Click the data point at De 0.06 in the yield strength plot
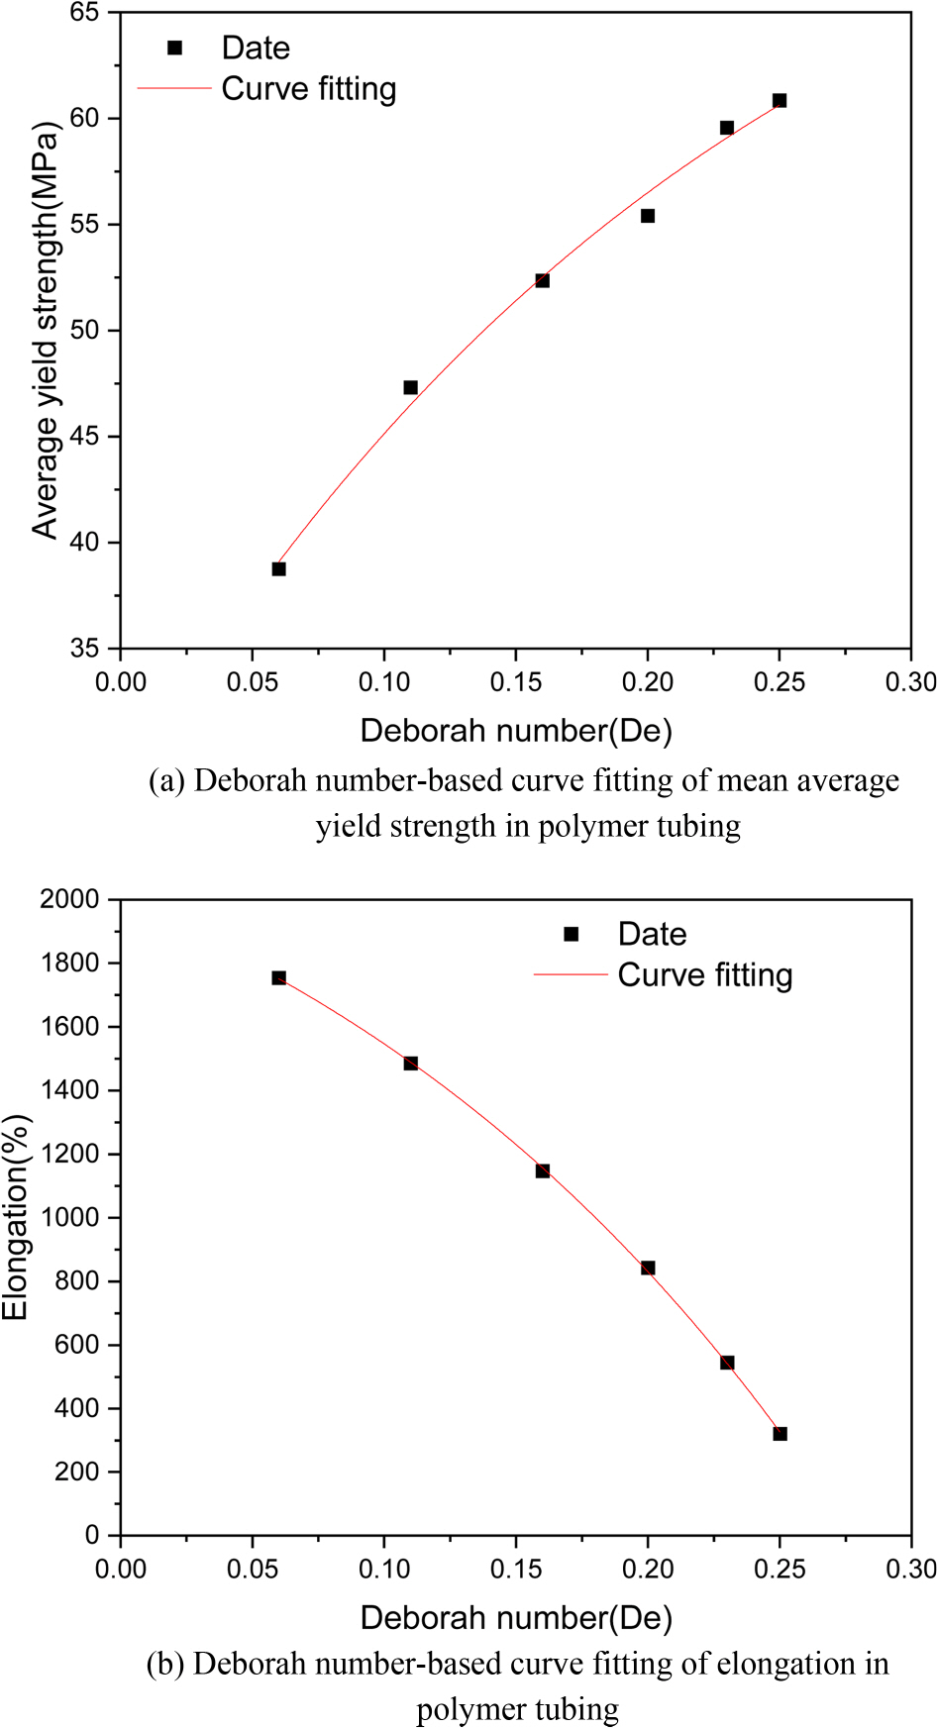tap(278, 569)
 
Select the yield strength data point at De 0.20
tap(648, 216)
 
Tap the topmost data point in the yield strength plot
tap(780, 100)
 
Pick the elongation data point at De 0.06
tap(278, 978)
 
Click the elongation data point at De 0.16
tap(543, 1171)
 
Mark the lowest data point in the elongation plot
tap(780, 1434)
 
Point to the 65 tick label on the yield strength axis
tap(84, 13)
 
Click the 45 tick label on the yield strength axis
tap(84, 437)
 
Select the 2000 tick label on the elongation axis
tap(70, 899)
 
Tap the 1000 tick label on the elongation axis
tap(70, 1218)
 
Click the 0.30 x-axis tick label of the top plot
tap(910, 682)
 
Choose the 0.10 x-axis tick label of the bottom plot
tap(384, 1570)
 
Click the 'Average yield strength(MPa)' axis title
tap(46, 331)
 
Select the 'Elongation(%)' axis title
tap(16, 1218)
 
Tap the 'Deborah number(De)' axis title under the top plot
tap(516, 731)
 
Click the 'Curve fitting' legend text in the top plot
tap(309, 89)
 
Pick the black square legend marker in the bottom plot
tap(572, 934)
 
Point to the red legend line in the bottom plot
tap(571, 975)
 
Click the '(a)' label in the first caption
tap(166, 781)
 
